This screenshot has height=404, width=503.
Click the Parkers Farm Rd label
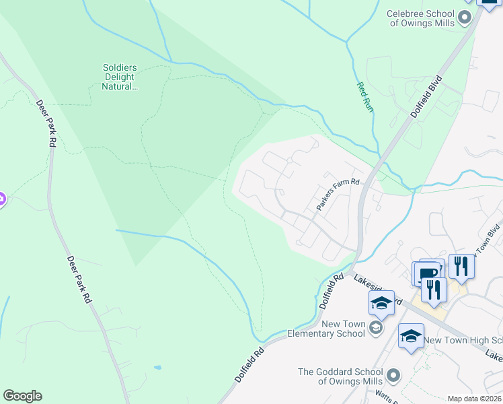pos(338,194)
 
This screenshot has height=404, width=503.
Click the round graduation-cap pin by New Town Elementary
pos(376,328)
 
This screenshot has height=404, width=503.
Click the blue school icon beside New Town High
pos(411,336)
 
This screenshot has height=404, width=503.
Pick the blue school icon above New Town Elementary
pos(381,303)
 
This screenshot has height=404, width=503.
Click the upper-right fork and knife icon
pos(461,265)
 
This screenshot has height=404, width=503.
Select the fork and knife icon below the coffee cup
pos(434,290)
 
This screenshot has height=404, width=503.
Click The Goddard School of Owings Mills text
pos(343,376)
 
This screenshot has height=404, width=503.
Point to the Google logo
pos(22,396)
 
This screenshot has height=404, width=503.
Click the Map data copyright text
pos(474,399)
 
